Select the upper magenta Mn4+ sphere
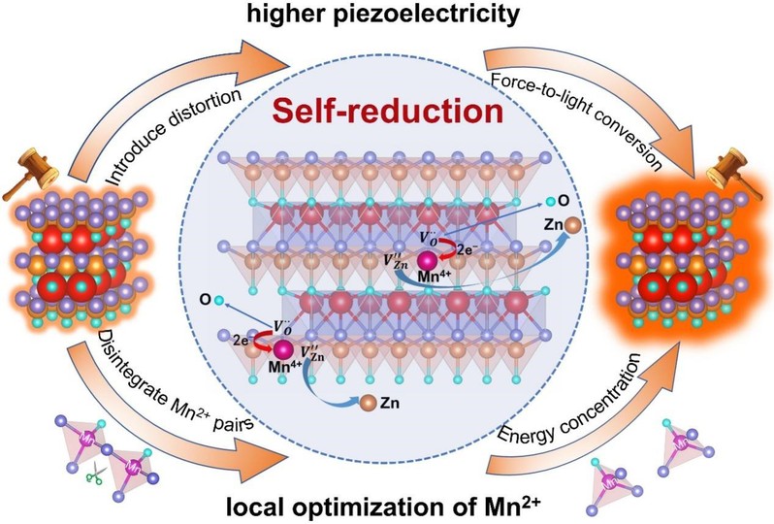pos(427,260)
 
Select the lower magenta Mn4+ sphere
pos(283,348)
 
